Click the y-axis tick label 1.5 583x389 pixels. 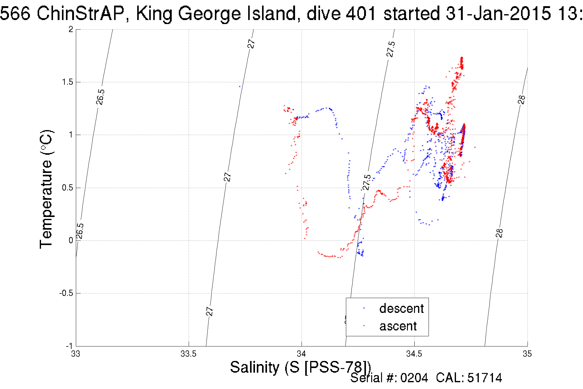68,82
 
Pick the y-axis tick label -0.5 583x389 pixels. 66,293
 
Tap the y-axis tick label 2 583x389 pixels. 71,29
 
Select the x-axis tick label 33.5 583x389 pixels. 188,354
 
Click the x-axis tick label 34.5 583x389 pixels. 414,354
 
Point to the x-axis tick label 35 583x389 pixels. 527,354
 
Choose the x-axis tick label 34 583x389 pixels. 302,354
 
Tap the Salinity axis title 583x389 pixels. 300,367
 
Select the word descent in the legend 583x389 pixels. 401,308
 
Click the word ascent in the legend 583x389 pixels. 398,326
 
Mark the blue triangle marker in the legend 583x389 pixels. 364,308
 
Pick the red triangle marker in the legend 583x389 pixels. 364,326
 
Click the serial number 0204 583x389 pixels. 414,378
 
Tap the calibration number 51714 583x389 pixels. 485,378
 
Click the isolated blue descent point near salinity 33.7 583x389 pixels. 240,87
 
